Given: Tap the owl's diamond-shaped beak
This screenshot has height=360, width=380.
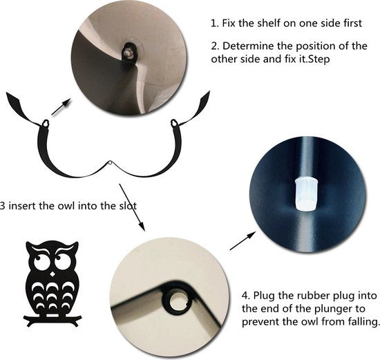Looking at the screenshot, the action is point(53,274).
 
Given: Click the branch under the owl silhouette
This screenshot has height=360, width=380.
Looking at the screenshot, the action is point(53,319).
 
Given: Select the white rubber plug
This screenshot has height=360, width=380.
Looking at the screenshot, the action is point(307,194).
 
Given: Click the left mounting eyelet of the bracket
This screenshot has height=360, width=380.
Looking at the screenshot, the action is point(46,124).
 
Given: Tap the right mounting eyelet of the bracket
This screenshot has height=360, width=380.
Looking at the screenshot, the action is point(174,123).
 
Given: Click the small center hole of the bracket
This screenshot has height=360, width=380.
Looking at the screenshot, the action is point(111,162).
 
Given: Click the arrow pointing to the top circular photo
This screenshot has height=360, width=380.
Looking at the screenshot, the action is point(61,106).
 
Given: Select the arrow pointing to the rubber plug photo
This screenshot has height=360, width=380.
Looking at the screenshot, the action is point(243,240).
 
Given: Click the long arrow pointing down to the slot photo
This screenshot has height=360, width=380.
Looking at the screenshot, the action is point(132,207).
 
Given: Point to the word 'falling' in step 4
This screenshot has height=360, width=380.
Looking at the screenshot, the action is point(362,322).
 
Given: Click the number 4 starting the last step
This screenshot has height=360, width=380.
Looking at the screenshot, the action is point(245,296).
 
